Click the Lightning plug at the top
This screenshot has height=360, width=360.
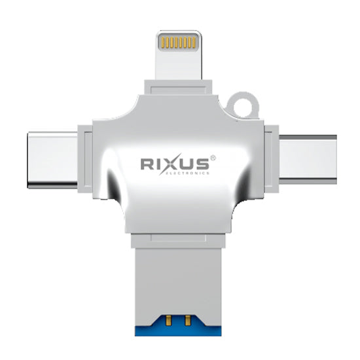(178, 56)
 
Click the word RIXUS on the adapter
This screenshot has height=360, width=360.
(172, 164)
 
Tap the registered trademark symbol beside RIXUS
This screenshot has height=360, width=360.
(211, 157)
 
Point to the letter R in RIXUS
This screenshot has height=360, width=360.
(148, 164)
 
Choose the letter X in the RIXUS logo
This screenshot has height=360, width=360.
(170, 164)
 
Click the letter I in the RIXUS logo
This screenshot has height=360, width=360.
(159, 164)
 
